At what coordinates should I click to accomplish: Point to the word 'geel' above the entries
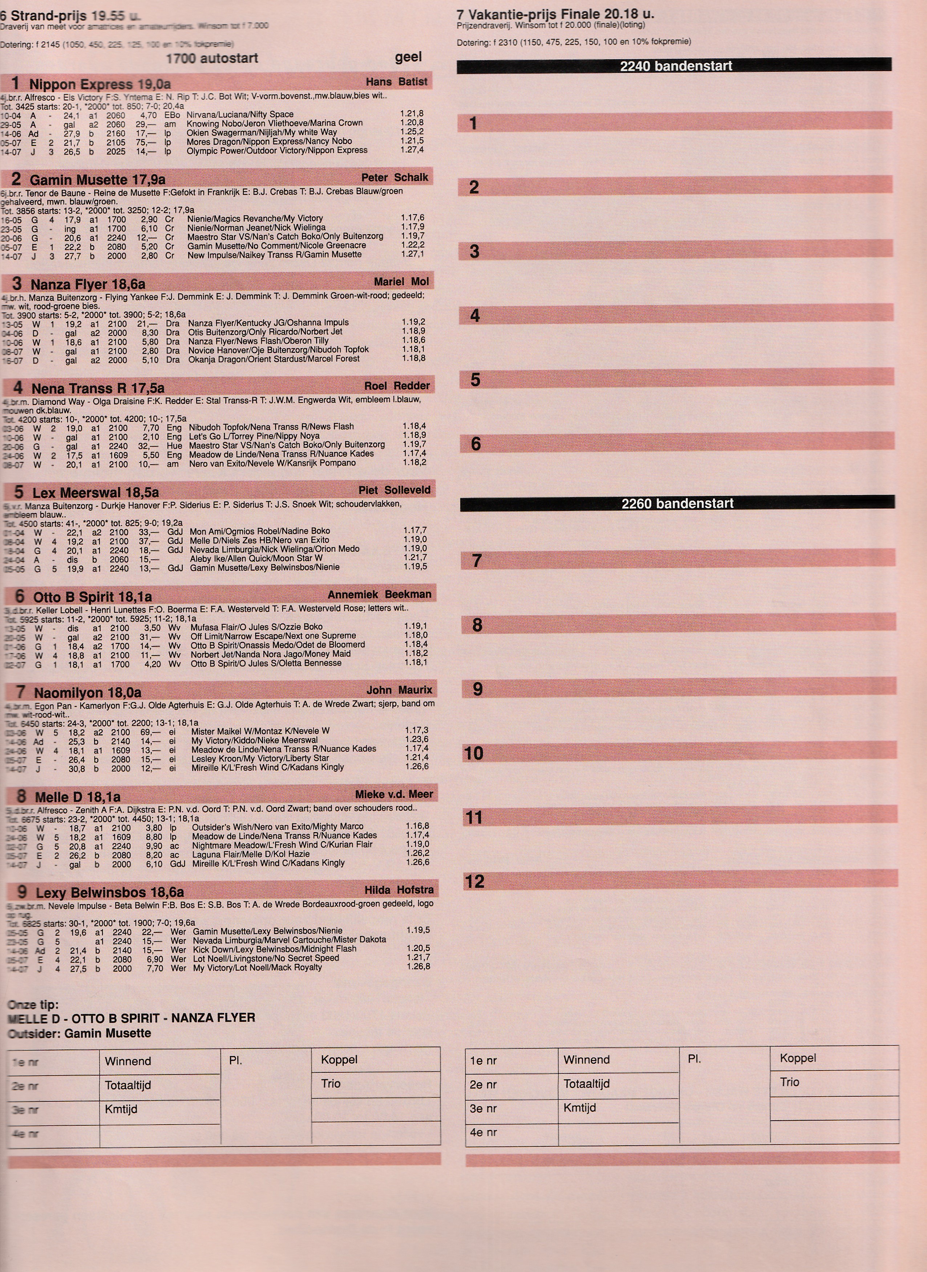click(408, 57)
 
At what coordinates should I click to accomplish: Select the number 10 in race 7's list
click(474, 753)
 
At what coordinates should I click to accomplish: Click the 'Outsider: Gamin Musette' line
click(80, 1033)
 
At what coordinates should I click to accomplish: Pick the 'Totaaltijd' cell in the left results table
click(128, 1085)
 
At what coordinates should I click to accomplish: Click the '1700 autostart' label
click(211, 58)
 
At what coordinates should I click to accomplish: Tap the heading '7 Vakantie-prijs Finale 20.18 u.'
click(555, 14)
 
